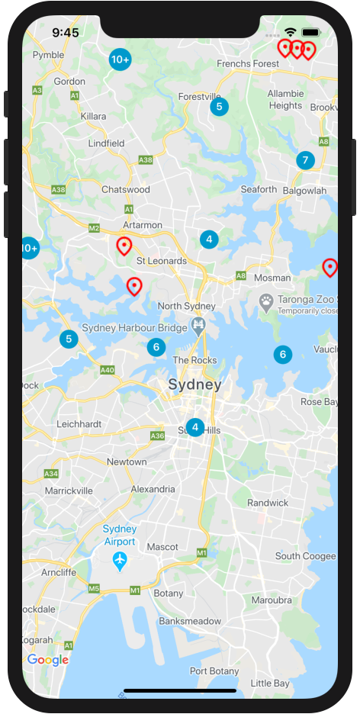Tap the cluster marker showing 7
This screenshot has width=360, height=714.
305,160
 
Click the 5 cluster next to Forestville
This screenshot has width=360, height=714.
219,107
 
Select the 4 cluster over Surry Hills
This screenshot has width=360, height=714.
195,427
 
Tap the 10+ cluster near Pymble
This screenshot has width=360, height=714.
120,59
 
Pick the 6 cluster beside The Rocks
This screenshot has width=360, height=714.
156,347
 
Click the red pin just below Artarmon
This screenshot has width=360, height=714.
124,246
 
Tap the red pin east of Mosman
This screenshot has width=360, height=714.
329,267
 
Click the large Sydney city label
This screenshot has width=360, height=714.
194,384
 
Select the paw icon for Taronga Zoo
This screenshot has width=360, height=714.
266,301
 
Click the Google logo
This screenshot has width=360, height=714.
48,661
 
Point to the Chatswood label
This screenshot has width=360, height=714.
126,189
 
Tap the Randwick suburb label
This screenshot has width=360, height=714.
268,503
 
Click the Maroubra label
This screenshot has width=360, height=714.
272,600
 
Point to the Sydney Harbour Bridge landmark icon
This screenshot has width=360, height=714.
198,327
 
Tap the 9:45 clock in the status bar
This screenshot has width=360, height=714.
66,33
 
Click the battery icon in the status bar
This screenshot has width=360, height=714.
311,33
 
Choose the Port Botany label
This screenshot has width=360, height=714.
214,671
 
